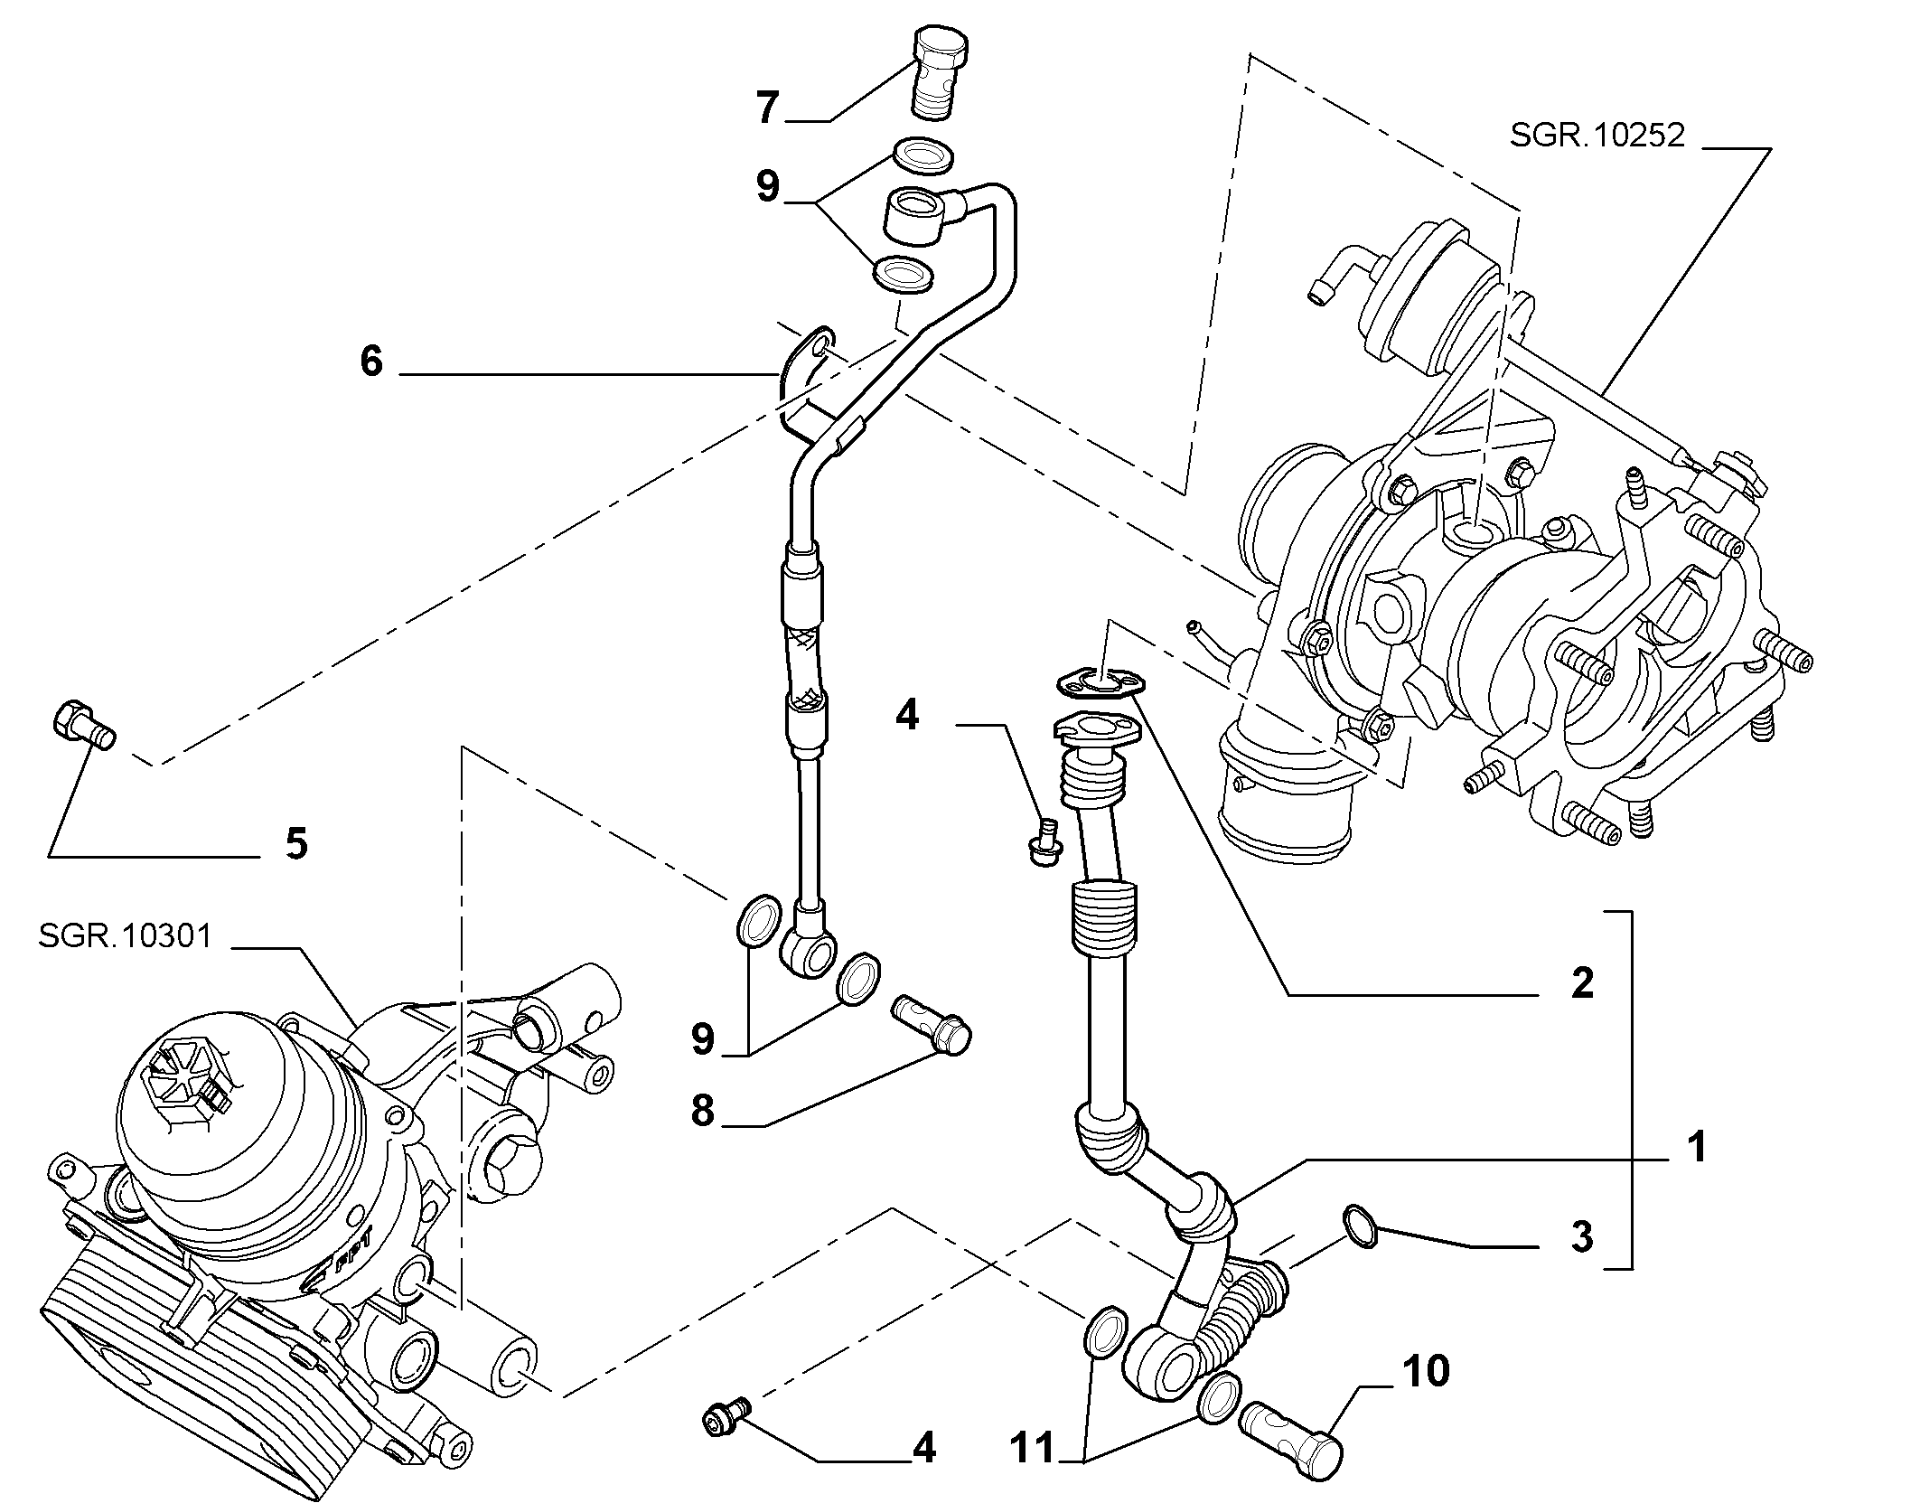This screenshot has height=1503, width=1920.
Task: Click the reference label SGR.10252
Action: [x=1597, y=136]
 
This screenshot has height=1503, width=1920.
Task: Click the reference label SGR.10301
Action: [x=125, y=935]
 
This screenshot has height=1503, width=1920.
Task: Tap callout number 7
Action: [x=767, y=108]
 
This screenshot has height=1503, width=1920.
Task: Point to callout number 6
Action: [x=371, y=362]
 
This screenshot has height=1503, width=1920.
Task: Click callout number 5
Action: [x=296, y=843]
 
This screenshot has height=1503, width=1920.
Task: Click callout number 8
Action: [x=703, y=1110]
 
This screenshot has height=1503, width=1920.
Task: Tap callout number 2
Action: [x=1582, y=982]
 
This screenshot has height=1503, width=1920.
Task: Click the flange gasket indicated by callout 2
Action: [x=1099, y=682]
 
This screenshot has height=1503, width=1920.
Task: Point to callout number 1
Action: [x=1698, y=1147]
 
